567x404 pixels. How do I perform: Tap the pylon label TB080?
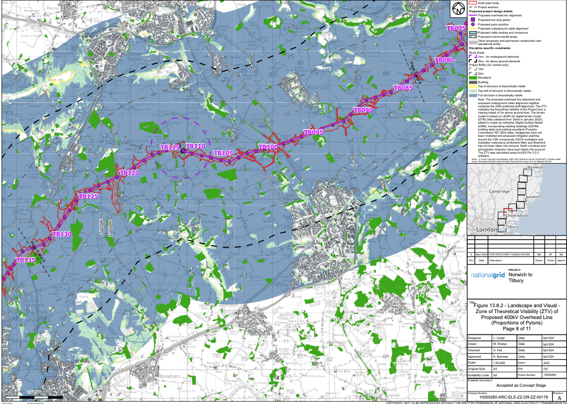(x=444, y=60)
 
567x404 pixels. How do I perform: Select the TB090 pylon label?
(x=363, y=110)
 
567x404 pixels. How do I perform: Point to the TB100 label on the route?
(x=268, y=147)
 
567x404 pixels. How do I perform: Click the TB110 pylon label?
(x=196, y=146)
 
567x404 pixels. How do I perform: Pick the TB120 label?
(x=129, y=173)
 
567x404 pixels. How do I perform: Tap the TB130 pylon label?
(x=62, y=234)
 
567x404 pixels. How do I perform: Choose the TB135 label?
(x=25, y=260)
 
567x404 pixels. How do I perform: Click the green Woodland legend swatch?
(x=472, y=78)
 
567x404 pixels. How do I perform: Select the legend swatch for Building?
(x=472, y=82)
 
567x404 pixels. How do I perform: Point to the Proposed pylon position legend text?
(x=493, y=24)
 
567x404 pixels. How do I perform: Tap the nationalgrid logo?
(x=487, y=275)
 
